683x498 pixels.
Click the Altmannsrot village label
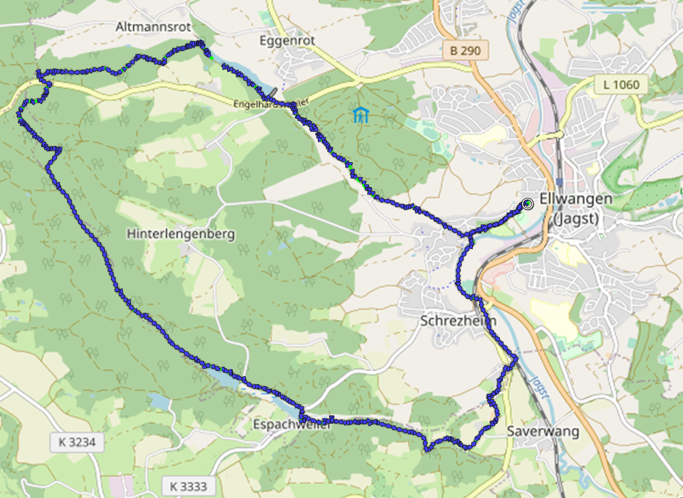click(153, 26)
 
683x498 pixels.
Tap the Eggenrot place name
click(287, 40)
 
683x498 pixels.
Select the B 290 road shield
click(465, 51)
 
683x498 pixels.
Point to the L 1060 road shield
click(621, 84)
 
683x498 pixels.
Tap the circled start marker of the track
click(527, 204)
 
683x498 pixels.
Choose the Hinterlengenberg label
click(181, 233)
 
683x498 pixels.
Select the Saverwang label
click(543, 431)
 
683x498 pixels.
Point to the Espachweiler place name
click(291, 425)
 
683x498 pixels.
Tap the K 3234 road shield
click(77, 442)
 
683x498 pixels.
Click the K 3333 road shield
click(188, 485)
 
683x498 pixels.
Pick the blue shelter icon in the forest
click(361, 114)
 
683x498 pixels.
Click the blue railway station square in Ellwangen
click(559, 181)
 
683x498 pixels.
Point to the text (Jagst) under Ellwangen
click(576, 218)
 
